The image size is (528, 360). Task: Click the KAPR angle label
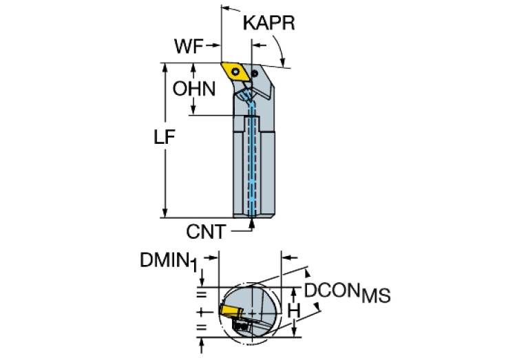[x=269, y=23]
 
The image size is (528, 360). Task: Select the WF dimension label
[x=188, y=47]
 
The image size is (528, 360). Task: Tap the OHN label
[x=194, y=89]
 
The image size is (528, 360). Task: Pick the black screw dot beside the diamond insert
[x=255, y=72]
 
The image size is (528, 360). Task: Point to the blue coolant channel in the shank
[x=252, y=165]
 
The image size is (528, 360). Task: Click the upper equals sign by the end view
[x=202, y=295]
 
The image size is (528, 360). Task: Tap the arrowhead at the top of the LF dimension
[x=165, y=67]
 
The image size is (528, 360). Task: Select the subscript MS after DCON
[x=376, y=297]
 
